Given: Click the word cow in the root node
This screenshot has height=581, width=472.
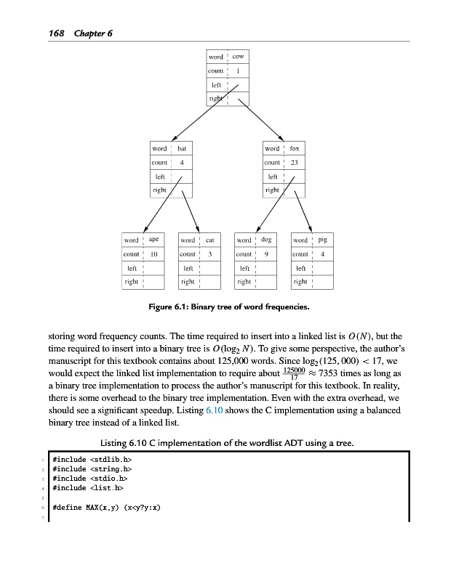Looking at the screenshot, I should (238, 57).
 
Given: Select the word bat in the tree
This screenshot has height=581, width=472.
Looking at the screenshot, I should (182, 149).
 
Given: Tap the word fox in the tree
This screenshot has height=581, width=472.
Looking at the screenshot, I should (295, 149).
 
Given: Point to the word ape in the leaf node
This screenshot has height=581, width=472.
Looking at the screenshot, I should (154, 239).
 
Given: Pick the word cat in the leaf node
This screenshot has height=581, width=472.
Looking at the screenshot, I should (209, 240).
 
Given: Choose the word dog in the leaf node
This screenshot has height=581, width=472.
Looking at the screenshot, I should (266, 239).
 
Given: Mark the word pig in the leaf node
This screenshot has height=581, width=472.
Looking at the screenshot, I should (322, 239).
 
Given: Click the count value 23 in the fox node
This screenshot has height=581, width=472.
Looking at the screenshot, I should (295, 163).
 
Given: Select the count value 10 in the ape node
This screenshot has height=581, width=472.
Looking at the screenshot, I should (154, 254).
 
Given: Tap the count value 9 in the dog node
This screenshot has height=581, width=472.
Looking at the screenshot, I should (266, 254).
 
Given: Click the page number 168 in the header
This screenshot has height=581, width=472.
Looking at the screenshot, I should (57, 33).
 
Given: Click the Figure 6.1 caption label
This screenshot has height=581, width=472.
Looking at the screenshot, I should (170, 306).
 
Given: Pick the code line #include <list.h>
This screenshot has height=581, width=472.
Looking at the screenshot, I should (89, 488).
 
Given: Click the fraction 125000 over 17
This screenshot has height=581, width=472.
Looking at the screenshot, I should (294, 373).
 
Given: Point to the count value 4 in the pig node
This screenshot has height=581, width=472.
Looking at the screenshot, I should (322, 254).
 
